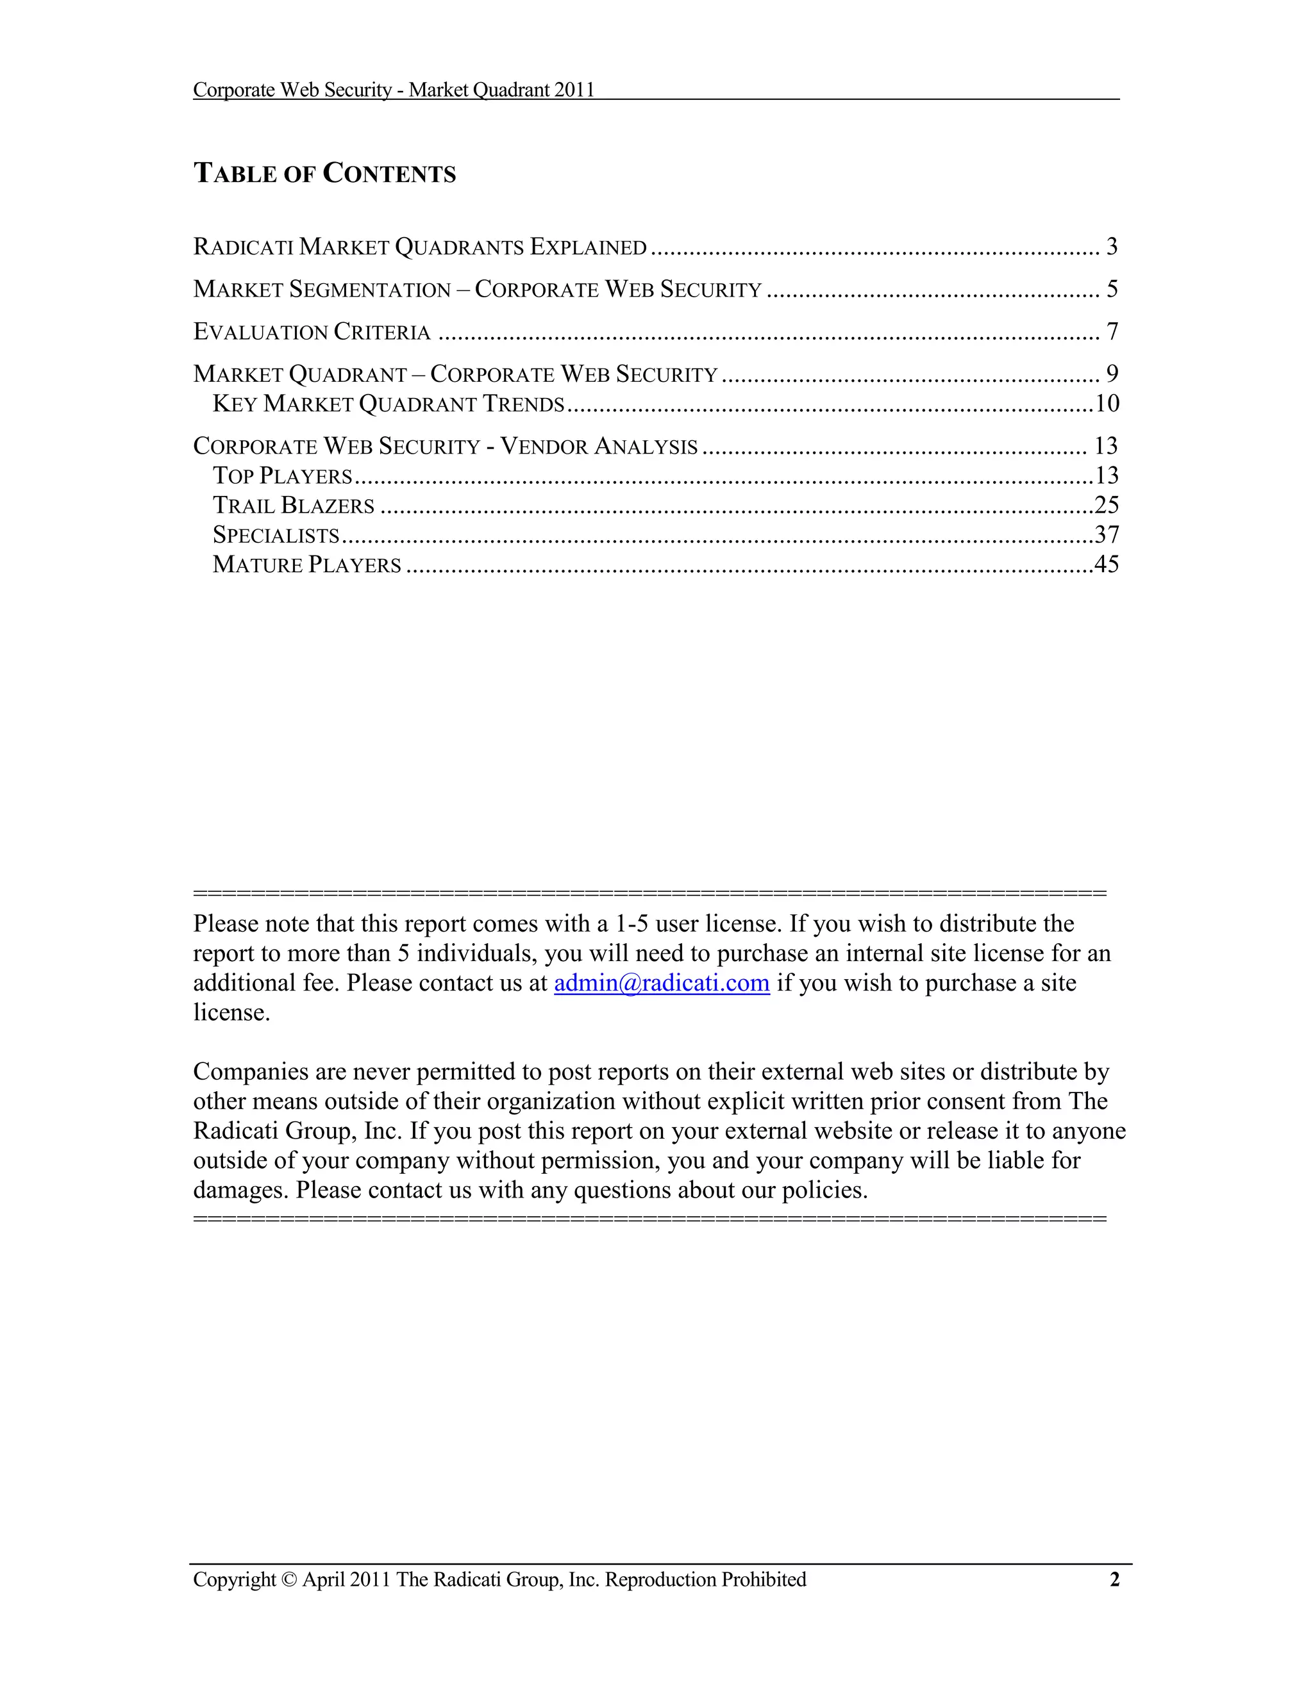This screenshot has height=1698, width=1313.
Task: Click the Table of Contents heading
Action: click(324, 174)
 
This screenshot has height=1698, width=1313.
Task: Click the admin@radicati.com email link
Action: click(661, 984)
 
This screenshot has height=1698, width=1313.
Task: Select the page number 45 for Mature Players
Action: click(1107, 565)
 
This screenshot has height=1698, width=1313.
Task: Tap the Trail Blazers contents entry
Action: click(294, 506)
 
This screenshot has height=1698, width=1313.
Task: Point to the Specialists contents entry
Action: click(276, 535)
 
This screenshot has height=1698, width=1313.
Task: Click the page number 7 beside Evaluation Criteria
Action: click(1112, 332)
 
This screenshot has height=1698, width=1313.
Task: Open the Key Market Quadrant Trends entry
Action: click(388, 404)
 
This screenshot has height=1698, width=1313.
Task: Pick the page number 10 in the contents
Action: click(1107, 404)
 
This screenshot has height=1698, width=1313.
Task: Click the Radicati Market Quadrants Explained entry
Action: click(420, 247)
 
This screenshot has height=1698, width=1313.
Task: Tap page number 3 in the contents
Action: click(1112, 247)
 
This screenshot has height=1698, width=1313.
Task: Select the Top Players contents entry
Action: click(282, 476)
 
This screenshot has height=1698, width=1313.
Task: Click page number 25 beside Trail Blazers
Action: click(1107, 506)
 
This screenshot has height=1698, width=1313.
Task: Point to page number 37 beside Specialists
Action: click(1107, 535)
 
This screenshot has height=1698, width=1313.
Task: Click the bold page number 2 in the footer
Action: click(1114, 1580)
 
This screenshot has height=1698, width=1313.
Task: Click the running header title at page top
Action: click(394, 90)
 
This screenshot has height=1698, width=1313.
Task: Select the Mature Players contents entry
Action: click(307, 565)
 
